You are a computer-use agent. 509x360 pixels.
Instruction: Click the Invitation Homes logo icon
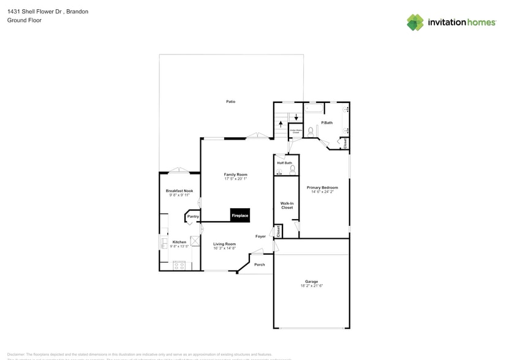click(415, 22)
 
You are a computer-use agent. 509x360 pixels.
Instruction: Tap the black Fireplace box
click(239, 215)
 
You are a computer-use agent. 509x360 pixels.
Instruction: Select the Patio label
click(230, 102)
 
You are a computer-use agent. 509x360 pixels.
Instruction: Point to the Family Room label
click(235, 174)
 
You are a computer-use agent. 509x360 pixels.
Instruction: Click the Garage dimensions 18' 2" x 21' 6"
click(311, 286)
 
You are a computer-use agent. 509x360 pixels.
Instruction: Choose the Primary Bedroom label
click(322, 187)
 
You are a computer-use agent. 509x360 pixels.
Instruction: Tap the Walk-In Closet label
click(287, 205)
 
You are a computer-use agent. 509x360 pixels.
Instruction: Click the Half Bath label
click(284, 163)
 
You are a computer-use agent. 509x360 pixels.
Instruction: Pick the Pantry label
click(193, 216)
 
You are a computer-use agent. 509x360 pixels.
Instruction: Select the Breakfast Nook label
click(179, 191)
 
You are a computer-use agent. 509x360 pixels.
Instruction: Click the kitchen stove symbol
click(179, 265)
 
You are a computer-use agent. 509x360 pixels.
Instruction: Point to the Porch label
click(260, 264)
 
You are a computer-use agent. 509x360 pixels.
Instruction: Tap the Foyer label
click(261, 236)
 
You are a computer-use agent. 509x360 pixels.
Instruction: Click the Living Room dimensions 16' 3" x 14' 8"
click(224, 248)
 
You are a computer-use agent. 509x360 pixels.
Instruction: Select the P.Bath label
click(327, 123)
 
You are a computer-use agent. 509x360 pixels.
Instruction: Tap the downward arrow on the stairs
click(296, 117)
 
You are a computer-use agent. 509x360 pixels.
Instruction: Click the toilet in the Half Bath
click(292, 169)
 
